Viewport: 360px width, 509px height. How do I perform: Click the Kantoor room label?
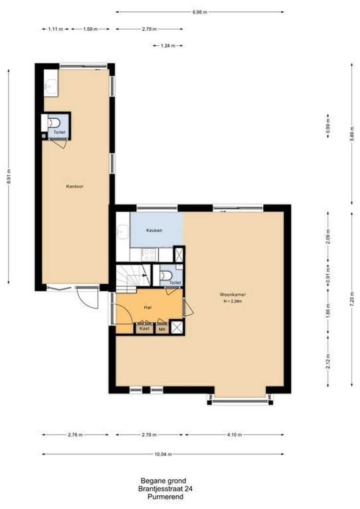pos(74,186)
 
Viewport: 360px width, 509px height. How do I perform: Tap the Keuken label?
pos(154,230)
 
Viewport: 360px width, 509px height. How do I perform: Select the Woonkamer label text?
pos(233,295)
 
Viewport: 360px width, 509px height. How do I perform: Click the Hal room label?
pos(147,307)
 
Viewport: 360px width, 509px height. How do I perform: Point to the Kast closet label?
pos(145,328)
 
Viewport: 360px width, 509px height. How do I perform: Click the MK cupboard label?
pos(162,328)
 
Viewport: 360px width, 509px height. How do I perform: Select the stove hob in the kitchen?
pos(149,254)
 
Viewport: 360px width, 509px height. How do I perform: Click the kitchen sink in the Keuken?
pos(123,231)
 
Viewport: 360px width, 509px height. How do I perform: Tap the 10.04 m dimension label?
pos(163,454)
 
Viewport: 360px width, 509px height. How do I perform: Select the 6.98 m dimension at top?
pos(199,12)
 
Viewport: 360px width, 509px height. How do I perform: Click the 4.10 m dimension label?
pos(234,435)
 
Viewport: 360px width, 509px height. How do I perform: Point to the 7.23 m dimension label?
pos(352,299)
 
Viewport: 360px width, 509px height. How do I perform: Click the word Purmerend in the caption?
pos(165,497)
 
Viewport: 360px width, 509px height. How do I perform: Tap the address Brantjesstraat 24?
pos(165,489)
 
